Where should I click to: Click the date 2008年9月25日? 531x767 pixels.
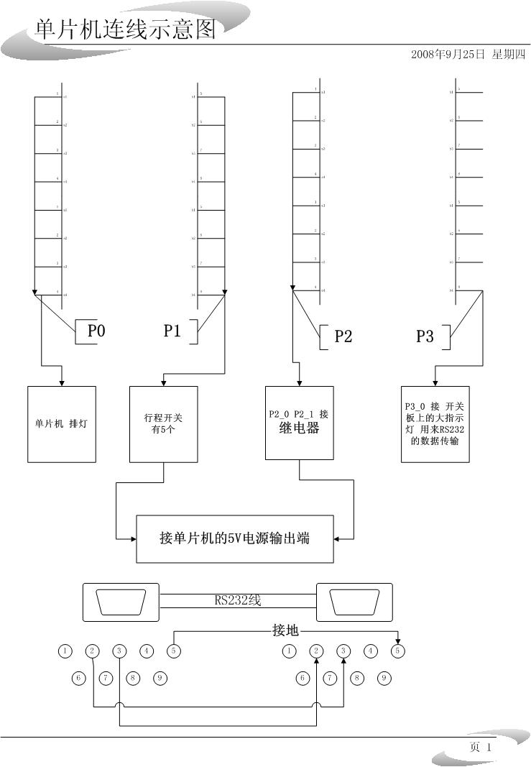click(448, 54)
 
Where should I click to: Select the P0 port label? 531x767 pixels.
click(96, 331)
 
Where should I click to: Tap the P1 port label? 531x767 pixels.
click(172, 331)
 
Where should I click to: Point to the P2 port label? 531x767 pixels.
click(343, 336)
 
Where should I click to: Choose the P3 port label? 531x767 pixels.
click(425, 336)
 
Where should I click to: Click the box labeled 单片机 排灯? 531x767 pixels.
click(62, 424)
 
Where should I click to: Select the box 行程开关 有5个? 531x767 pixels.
click(164, 424)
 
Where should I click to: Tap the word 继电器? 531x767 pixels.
click(299, 429)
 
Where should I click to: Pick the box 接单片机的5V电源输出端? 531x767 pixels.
click(235, 538)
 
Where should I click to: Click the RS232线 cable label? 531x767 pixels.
click(238, 600)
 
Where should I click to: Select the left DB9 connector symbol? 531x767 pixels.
click(121, 602)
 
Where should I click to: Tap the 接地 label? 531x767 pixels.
click(285, 631)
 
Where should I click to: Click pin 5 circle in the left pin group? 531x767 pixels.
click(173, 651)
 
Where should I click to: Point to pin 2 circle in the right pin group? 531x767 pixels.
click(317, 651)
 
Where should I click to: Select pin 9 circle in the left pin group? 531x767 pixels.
click(161, 677)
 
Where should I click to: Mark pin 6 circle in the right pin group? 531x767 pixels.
click(303, 677)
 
